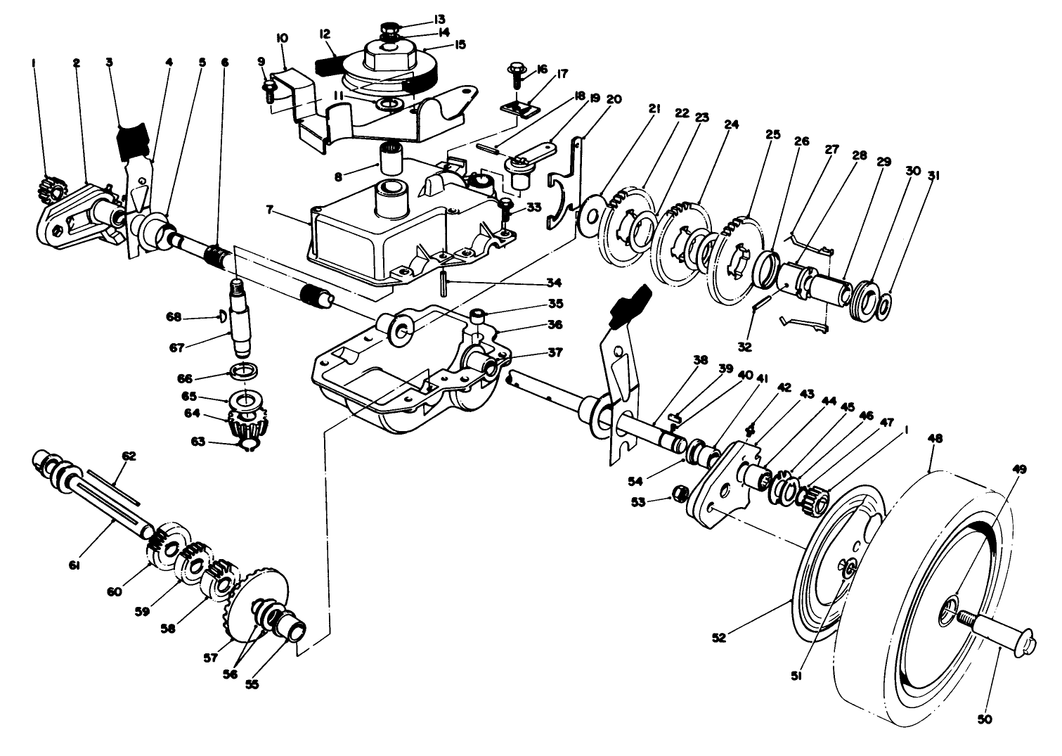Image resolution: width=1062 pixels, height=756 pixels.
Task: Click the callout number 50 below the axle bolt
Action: pos(983,719)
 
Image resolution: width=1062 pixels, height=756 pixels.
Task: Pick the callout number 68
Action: pos(173,316)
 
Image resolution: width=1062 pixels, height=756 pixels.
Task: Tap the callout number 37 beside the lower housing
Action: pos(555,353)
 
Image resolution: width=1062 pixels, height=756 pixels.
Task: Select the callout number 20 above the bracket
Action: pos(613,98)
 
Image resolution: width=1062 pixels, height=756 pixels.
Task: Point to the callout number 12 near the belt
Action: pos(325,33)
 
